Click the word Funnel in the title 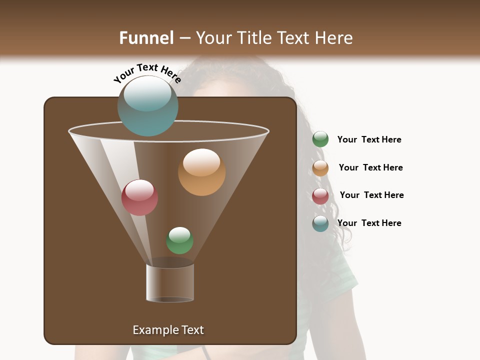pos(146,38)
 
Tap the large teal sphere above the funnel pos(147,105)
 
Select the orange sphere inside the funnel pos(201,172)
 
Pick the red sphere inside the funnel pos(139,197)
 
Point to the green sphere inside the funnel pos(179,240)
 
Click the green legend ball pos(320,139)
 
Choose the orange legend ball pos(320,168)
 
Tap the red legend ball pos(320,196)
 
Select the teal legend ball pos(320,223)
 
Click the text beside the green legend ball pos(369,139)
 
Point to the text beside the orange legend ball pos(370,167)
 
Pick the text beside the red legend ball pos(371,195)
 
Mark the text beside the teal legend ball pos(369,223)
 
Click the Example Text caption pos(168,330)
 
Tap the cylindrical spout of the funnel pos(170,283)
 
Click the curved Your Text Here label pos(147,73)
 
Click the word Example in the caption pos(152,330)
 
